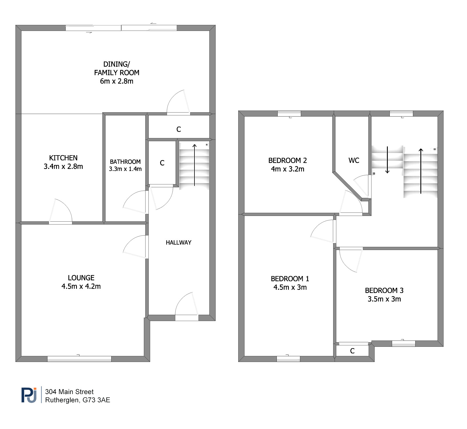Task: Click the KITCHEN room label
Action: (x=63, y=158)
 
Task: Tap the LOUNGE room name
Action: (x=81, y=278)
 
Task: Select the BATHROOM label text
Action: (x=125, y=162)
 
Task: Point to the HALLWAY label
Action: (x=178, y=243)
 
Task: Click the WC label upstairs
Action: (x=354, y=160)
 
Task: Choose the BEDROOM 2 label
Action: (x=287, y=160)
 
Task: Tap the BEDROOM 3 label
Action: (x=384, y=290)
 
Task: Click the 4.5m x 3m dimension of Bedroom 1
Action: (x=290, y=287)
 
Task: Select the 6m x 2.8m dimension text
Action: (x=117, y=81)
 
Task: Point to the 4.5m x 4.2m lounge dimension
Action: (x=81, y=286)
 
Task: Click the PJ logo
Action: (x=29, y=395)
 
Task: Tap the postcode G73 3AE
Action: (x=96, y=400)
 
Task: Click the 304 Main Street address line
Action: (x=69, y=392)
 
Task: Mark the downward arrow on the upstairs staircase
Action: (x=387, y=160)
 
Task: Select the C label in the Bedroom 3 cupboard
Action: (x=352, y=351)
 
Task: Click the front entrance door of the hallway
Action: (x=186, y=305)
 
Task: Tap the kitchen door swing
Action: (x=60, y=211)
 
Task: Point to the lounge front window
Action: (x=79, y=359)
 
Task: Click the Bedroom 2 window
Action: (x=289, y=113)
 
